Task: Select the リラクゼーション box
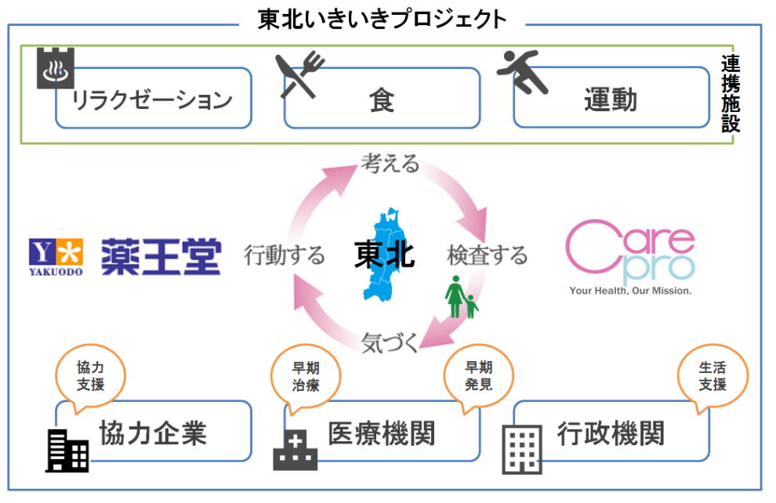pos(153,100)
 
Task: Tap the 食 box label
pos(382,100)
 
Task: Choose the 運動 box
pos(611,100)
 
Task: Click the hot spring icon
pos(54,68)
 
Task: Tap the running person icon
pos(524,74)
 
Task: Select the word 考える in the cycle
pos(390,164)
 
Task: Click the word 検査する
pos(488,255)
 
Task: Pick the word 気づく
pos(390,342)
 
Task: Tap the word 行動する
pos(284,255)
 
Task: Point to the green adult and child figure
pos(461,296)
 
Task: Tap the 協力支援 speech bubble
pos(90,375)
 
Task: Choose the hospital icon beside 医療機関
pos(295,449)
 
